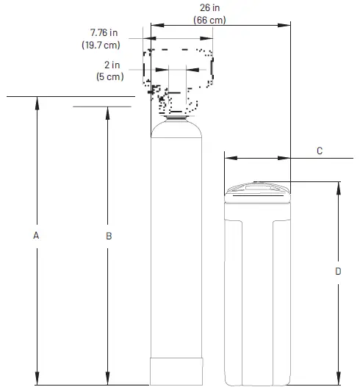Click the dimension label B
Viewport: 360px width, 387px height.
click(x=109, y=236)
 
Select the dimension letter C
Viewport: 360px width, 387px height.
click(x=319, y=151)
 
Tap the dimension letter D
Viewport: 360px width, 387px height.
click(x=338, y=271)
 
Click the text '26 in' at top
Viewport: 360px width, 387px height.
click(x=210, y=8)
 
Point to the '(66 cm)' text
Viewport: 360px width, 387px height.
click(x=210, y=20)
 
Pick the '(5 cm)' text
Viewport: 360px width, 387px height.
click(x=110, y=76)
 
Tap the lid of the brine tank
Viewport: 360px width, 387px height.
click(x=256, y=190)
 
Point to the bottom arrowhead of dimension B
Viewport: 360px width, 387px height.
click(x=109, y=379)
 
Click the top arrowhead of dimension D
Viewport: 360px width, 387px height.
click(x=338, y=186)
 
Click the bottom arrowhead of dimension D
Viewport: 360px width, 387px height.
click(x=338, y=380)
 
